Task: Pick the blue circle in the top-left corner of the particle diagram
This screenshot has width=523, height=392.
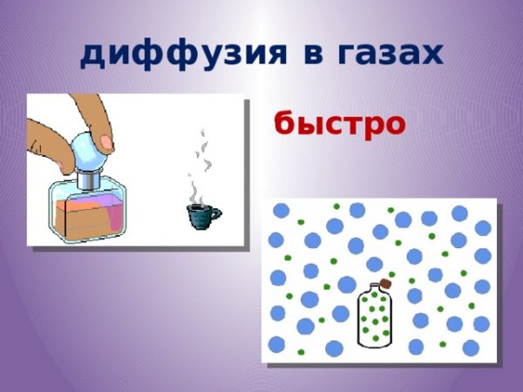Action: click(281, 211)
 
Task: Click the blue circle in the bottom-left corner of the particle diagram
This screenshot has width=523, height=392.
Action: click(277, 342)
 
